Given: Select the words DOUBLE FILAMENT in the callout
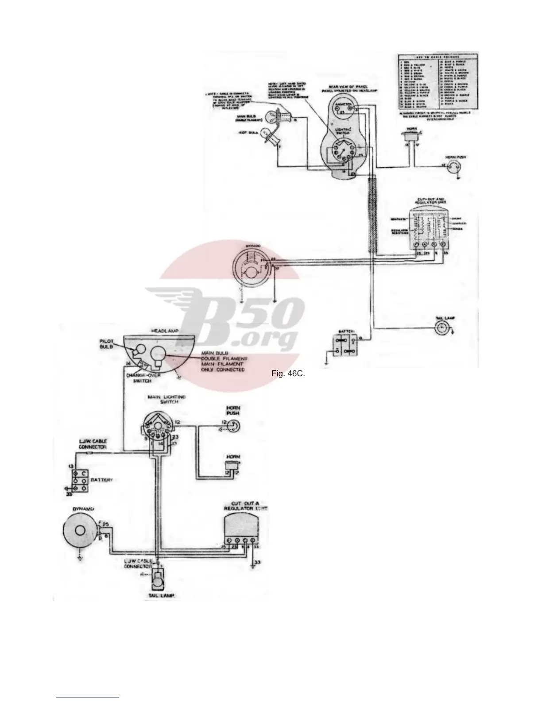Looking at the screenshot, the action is (225, 358).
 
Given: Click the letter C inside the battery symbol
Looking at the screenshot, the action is (83, 473).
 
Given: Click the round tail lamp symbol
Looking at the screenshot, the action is (442, 327).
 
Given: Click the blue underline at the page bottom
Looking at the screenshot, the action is (88, 697).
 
